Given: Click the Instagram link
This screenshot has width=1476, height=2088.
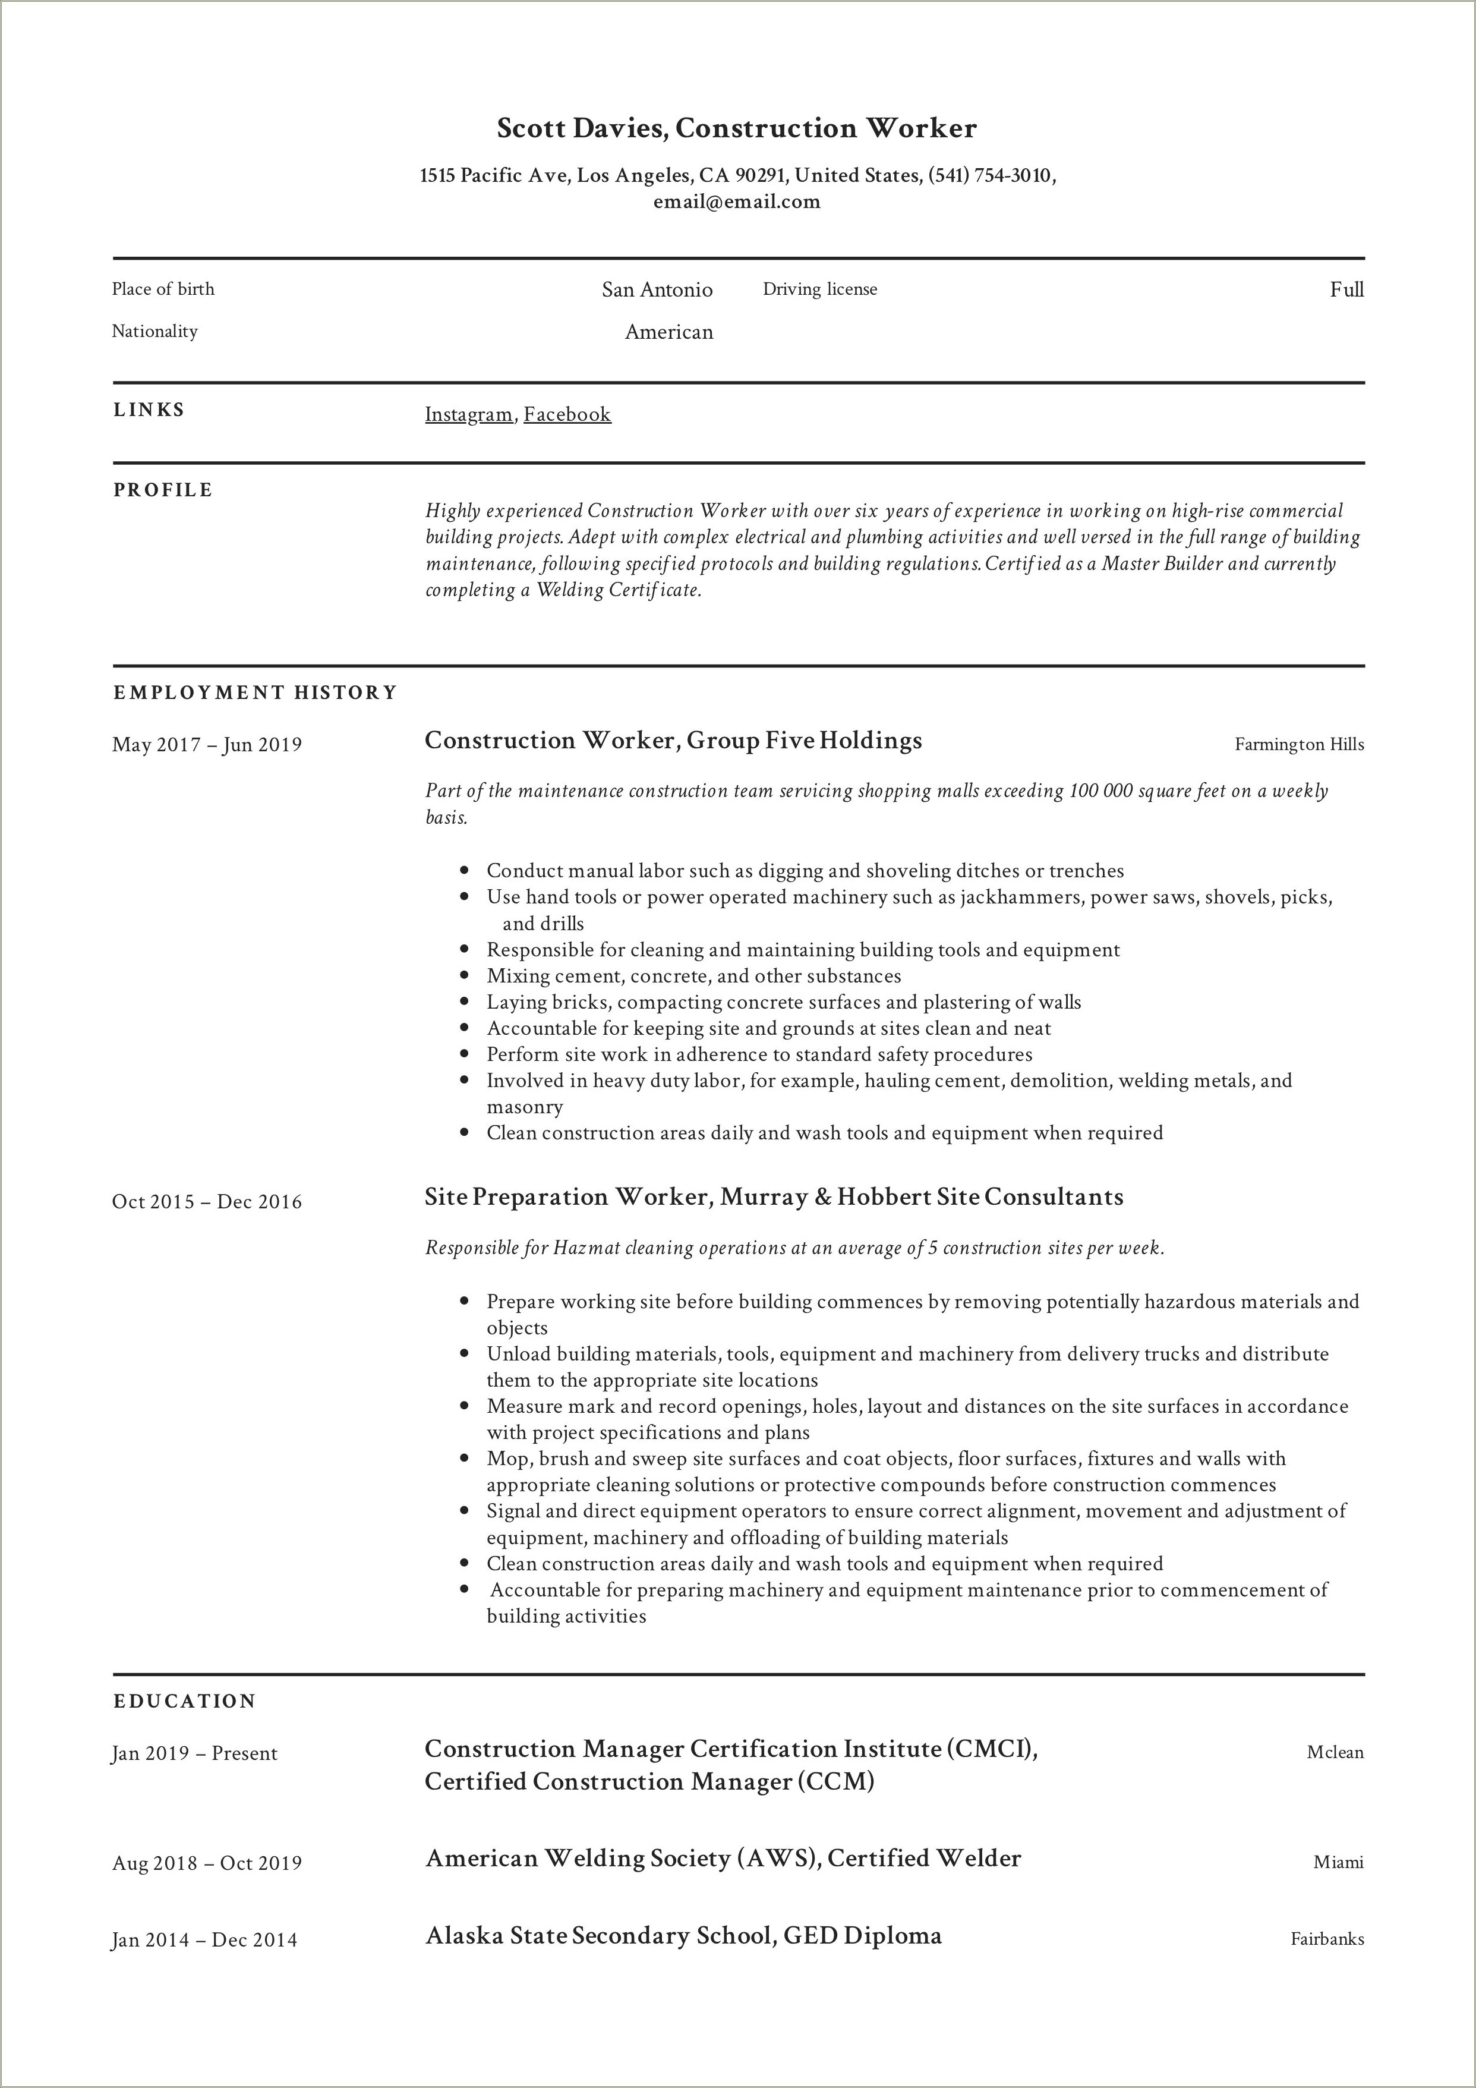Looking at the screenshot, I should tap(468, 415).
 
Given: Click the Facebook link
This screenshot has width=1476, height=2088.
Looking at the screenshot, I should tap(567, 415).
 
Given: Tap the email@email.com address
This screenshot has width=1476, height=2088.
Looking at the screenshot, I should tap(737, 202).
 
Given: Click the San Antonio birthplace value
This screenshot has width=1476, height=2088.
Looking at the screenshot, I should tap(657, 290).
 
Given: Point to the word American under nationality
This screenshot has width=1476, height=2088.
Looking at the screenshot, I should tap(668, 332).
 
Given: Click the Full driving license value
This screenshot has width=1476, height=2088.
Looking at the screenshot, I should tap(1346, 290).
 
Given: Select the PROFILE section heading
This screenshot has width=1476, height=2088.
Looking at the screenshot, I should tap(163, 490).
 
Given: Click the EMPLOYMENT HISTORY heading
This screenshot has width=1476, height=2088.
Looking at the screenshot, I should tap(256, 693).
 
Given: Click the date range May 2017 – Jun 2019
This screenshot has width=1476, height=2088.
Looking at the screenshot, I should tap(206, 745).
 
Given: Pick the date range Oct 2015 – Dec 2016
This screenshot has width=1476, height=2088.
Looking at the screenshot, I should tap(206, 1202).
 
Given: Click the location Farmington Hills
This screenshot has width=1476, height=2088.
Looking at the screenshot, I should tap(1299, 745).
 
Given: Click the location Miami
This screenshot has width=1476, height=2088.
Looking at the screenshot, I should tap(1338, 1863).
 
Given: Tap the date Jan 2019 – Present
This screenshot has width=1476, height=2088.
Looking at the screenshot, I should tap(194, 1753).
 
